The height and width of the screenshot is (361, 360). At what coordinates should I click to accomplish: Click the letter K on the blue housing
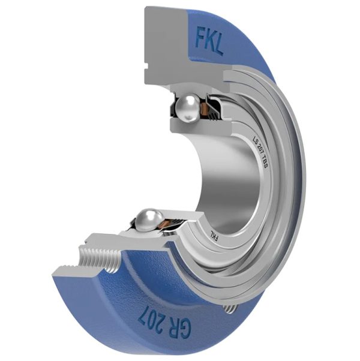coord(209,40)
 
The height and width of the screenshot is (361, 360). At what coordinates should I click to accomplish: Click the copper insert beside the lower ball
coord(170,224)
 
